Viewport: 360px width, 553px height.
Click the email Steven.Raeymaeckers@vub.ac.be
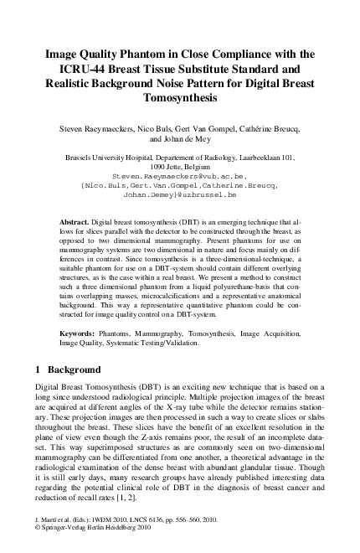tap(179, 178)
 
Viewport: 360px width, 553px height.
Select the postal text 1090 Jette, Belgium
tap(180, 168)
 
